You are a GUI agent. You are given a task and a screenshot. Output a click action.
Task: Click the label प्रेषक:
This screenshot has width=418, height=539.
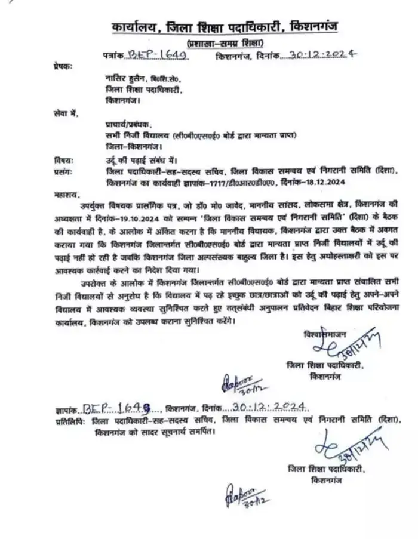pyautogui.click(x=63, y=69)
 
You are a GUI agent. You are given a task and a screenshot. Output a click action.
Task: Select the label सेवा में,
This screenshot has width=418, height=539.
pyautogui.click(x=65, y=112)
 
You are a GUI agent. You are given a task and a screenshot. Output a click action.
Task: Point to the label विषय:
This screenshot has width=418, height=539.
pyautogui.click(x=63, y=160)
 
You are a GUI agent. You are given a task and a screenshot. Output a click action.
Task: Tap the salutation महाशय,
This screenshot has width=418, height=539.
pyautogui.click(x=65, y=193)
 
